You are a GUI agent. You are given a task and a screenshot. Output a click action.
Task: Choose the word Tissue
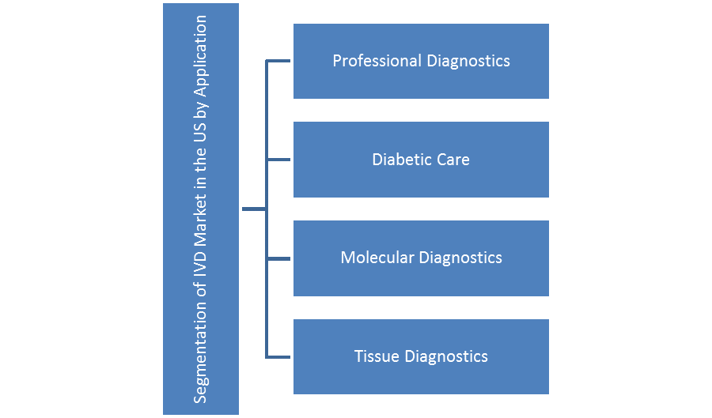377,356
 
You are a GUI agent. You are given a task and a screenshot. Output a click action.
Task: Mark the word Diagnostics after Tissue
446,356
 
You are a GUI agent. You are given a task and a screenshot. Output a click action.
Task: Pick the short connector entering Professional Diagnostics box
279,61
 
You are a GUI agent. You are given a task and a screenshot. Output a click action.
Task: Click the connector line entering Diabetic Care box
279,160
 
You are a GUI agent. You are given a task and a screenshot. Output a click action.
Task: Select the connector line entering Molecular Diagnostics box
279,258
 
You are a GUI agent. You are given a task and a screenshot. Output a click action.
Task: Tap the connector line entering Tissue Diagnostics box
279,356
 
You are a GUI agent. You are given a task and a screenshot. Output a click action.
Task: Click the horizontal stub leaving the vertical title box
254,209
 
